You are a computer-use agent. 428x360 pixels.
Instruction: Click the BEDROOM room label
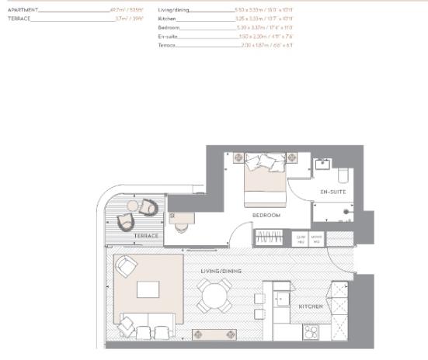coord(266,215)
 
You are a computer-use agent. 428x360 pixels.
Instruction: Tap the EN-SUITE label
coord(332,190)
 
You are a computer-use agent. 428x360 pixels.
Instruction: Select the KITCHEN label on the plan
coord(311,306)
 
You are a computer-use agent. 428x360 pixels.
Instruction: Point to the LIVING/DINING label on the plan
coord(221,271)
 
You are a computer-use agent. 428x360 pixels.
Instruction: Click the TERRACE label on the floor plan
coord(146,235)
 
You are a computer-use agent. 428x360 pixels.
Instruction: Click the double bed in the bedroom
coord(264,179)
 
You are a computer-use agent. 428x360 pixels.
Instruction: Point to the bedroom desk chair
coord(181,227)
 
